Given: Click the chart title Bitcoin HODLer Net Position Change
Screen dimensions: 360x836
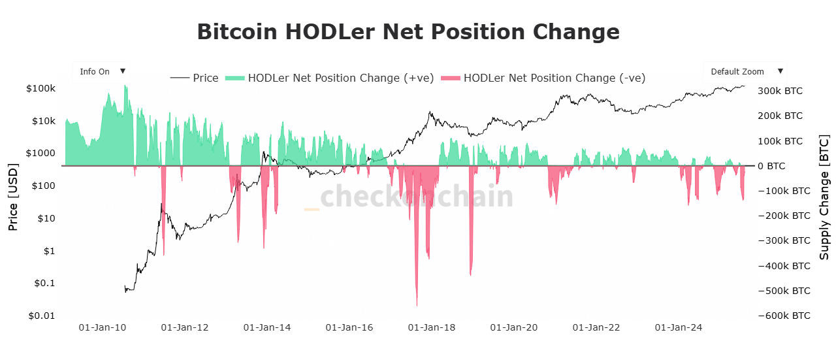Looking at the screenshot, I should point(408,31).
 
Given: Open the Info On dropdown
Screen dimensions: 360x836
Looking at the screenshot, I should point(101,72).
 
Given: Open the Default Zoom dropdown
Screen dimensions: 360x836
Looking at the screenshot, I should point(745,72).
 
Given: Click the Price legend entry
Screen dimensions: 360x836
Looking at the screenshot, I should point(195,78).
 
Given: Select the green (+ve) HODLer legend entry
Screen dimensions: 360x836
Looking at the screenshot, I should point(330,78).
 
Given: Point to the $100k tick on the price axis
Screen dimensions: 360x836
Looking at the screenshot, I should point(42,88).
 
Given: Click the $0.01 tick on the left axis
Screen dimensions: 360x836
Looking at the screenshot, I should point(41,316).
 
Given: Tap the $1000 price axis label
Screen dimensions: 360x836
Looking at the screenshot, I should point(41,154).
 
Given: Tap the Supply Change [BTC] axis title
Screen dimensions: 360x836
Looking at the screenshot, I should point(824,198).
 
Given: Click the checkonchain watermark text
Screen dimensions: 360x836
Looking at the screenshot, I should point(417,197).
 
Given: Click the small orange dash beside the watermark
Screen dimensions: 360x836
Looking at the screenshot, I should point(312,209).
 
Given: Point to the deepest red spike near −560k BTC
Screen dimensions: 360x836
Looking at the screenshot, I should point(417,304).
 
